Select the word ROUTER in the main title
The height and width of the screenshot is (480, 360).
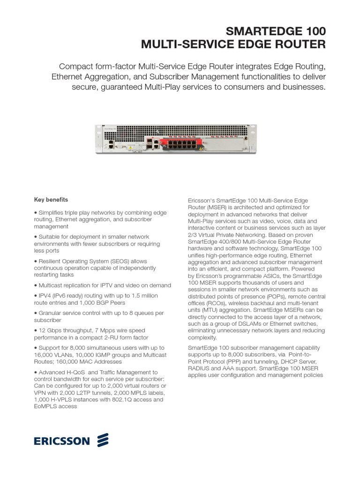pyautogui.click(x=299, y=45)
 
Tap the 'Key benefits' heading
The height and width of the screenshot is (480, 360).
pyautogui.click(x=51, y=199)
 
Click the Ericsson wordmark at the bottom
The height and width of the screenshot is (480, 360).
pyautogui.click(x=60, y=441)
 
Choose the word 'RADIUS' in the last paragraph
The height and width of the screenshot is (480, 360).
pyautogui.click(x=198, y=369)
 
